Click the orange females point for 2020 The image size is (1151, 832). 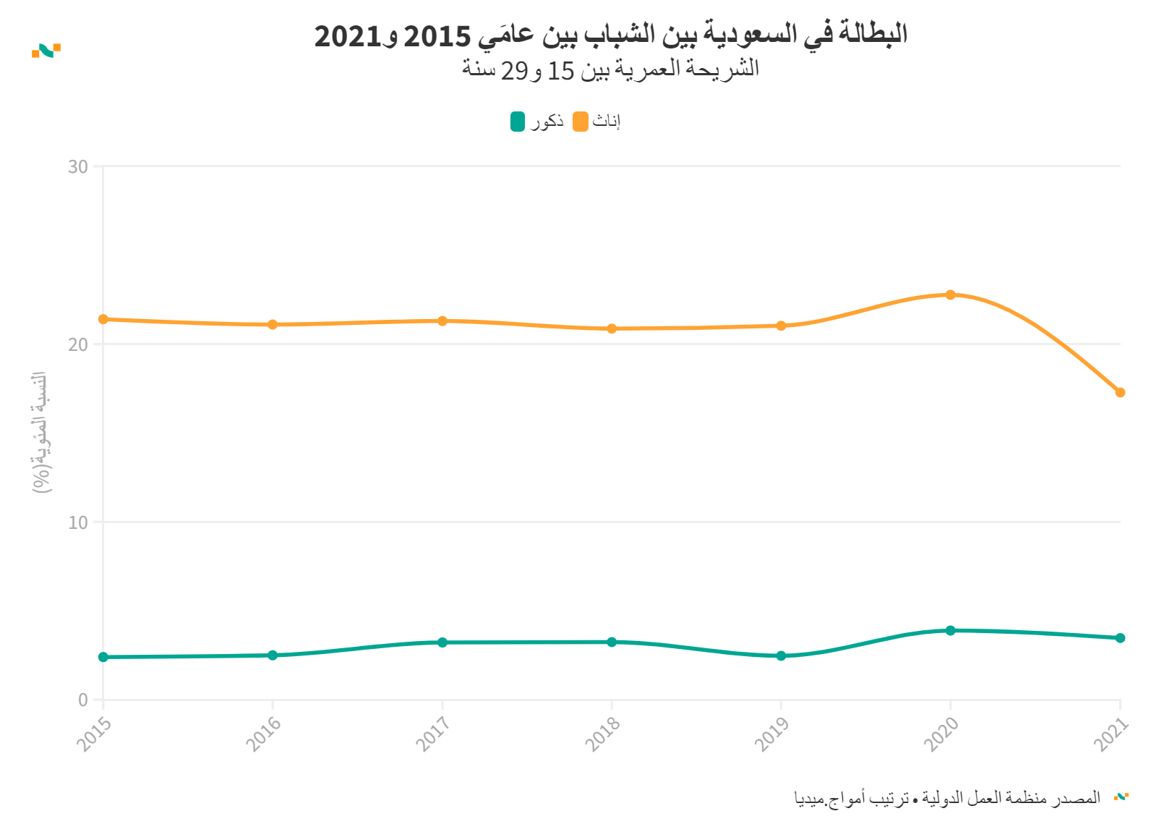pyautogui.click(x=950, y=294)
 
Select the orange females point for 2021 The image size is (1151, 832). pyautogui.click(x=1120, y=392)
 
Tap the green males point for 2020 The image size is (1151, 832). pyautogui.click(x=950, y=630)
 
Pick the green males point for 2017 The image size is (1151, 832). pyautogui.click(x=442, y=642)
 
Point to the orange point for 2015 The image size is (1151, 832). pyautogui.click(x=103, y=319)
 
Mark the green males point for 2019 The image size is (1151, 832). pyautogui.click(x=781, y=655)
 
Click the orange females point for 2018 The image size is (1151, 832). pyautogui.click(x=612, y=328)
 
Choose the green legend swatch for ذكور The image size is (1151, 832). pyautogui.click(x=518, y=122)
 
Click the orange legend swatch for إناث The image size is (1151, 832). pyautogui.click(x=580, y=122)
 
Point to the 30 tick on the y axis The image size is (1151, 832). pyautogui.click(x=78, y=166)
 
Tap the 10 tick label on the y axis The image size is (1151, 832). pyautogui.click(x=78, y=522)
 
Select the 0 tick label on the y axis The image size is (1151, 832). pyautogui.click(x=83, y=700)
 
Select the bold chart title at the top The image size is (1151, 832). pyautogui.click(x=610, y=35)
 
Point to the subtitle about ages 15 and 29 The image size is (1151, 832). pyautogui.click(x=610, y=69)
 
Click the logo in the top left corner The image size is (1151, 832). pyautogui.click(x=46, y=50)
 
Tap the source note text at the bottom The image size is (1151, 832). pyautogui.click(x=947, y=797)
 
